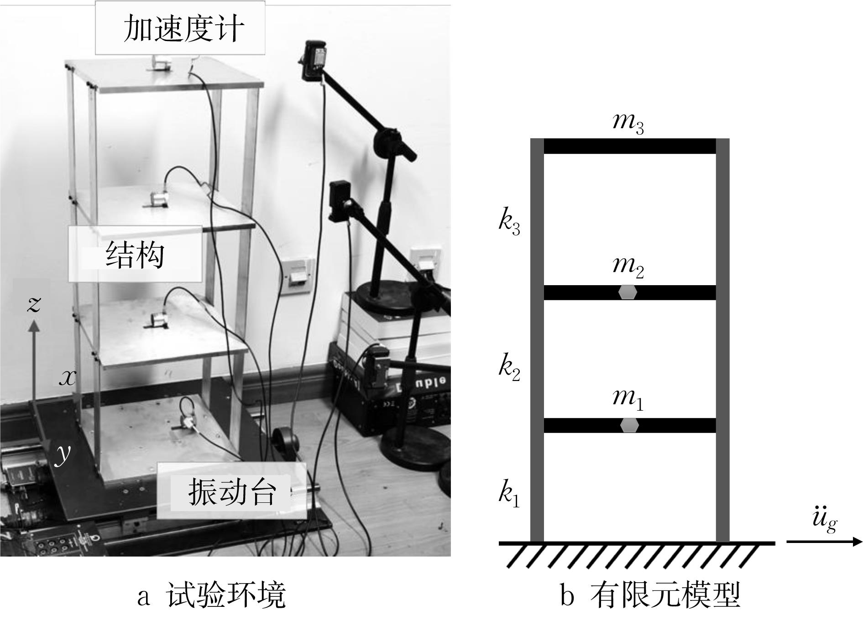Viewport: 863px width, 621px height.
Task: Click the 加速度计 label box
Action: (180, 28)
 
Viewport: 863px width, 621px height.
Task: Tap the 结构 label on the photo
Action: (135, 254)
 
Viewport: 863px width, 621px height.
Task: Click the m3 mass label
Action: (628, 123)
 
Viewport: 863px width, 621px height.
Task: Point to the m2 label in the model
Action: (628, 266)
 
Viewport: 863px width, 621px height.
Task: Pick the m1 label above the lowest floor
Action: (628, 398)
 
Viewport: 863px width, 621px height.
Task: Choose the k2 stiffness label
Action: (509, 368)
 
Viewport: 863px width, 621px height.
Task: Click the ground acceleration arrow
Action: (824, 542)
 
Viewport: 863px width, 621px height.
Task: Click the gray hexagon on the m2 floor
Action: (628, 292)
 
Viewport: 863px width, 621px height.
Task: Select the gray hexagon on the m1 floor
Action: (629, 425)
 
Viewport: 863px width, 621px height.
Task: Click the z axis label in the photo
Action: (34, 303)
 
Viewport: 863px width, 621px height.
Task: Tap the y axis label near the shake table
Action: (63, 454)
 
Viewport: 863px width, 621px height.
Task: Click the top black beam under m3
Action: (629, 146)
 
